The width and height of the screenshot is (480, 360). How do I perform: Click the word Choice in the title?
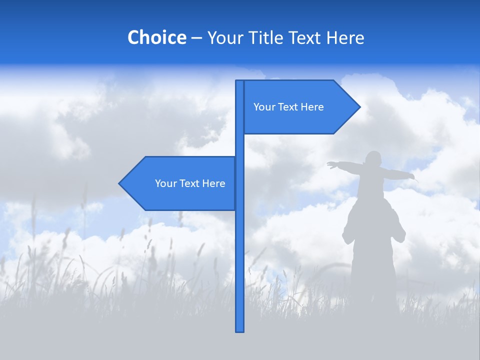coord(156,37)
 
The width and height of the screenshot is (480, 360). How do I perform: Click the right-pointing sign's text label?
coord(288,107)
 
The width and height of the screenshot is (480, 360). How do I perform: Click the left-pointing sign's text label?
coord(190,183)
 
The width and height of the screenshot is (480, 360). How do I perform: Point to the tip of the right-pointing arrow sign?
coord(359,106)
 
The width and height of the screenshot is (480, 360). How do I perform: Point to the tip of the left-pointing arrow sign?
coord(119,183)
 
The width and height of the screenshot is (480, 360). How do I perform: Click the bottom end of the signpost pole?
coord(239,330)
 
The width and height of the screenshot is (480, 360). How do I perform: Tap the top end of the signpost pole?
coord(239,81)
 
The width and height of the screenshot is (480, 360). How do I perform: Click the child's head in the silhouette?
coord(373,159)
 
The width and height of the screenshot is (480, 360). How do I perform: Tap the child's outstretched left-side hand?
coord(331,165)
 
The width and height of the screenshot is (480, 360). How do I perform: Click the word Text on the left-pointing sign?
coord(190,183)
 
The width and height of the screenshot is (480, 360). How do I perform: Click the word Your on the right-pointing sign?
coord(263,107)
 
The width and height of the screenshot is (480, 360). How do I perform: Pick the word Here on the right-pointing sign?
coord(312,107)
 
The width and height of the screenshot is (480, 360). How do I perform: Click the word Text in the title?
coord(305,37)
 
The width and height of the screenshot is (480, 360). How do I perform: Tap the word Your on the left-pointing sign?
coord(165,183)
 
